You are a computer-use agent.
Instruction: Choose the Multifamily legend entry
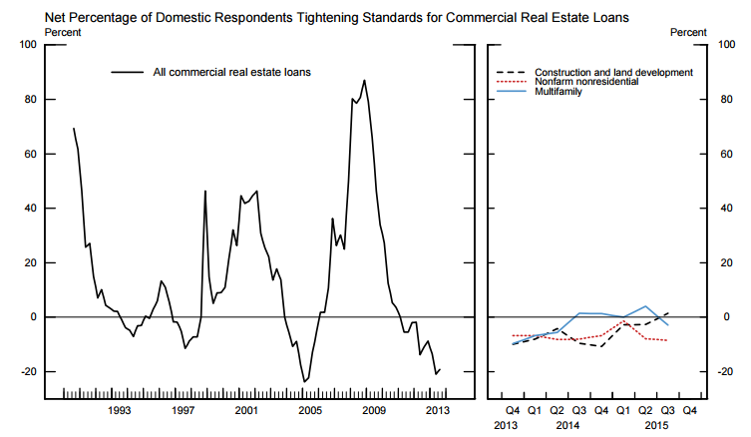559,93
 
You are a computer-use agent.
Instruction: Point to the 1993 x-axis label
119,410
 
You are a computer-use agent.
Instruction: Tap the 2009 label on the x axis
373,410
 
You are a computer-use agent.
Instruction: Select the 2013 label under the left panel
437,410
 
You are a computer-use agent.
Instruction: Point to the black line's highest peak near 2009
364,80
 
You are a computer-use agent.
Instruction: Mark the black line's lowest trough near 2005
304,381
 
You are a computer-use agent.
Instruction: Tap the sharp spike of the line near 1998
204,191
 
